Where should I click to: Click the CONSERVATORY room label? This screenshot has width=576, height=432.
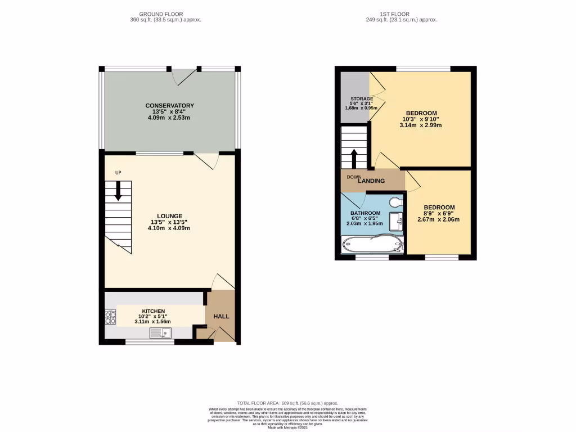pos(169,106)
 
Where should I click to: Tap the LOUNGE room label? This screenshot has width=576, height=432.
pos(169,216)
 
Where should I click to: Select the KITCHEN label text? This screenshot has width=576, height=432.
pos(153,311)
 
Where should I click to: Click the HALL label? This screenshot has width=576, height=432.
pos(221,317)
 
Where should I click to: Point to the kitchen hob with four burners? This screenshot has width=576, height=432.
pos(110,318)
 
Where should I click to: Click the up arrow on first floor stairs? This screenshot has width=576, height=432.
pos(354,158)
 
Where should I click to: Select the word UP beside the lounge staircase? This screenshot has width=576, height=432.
pos(118,172)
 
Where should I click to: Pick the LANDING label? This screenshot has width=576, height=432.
pos(372,181)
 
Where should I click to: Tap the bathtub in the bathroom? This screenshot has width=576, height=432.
pos(372,244)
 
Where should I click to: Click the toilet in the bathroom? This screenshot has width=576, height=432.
pos(396,202)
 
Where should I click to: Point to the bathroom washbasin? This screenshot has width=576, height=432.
pos(396,221)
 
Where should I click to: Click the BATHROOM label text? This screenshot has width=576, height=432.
pos(365,213)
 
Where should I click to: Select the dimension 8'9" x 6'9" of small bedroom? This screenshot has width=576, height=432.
pos(439,213)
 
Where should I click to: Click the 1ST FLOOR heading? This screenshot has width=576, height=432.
pos(401,13)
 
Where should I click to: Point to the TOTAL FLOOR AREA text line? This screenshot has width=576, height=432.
pos(287,403)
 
